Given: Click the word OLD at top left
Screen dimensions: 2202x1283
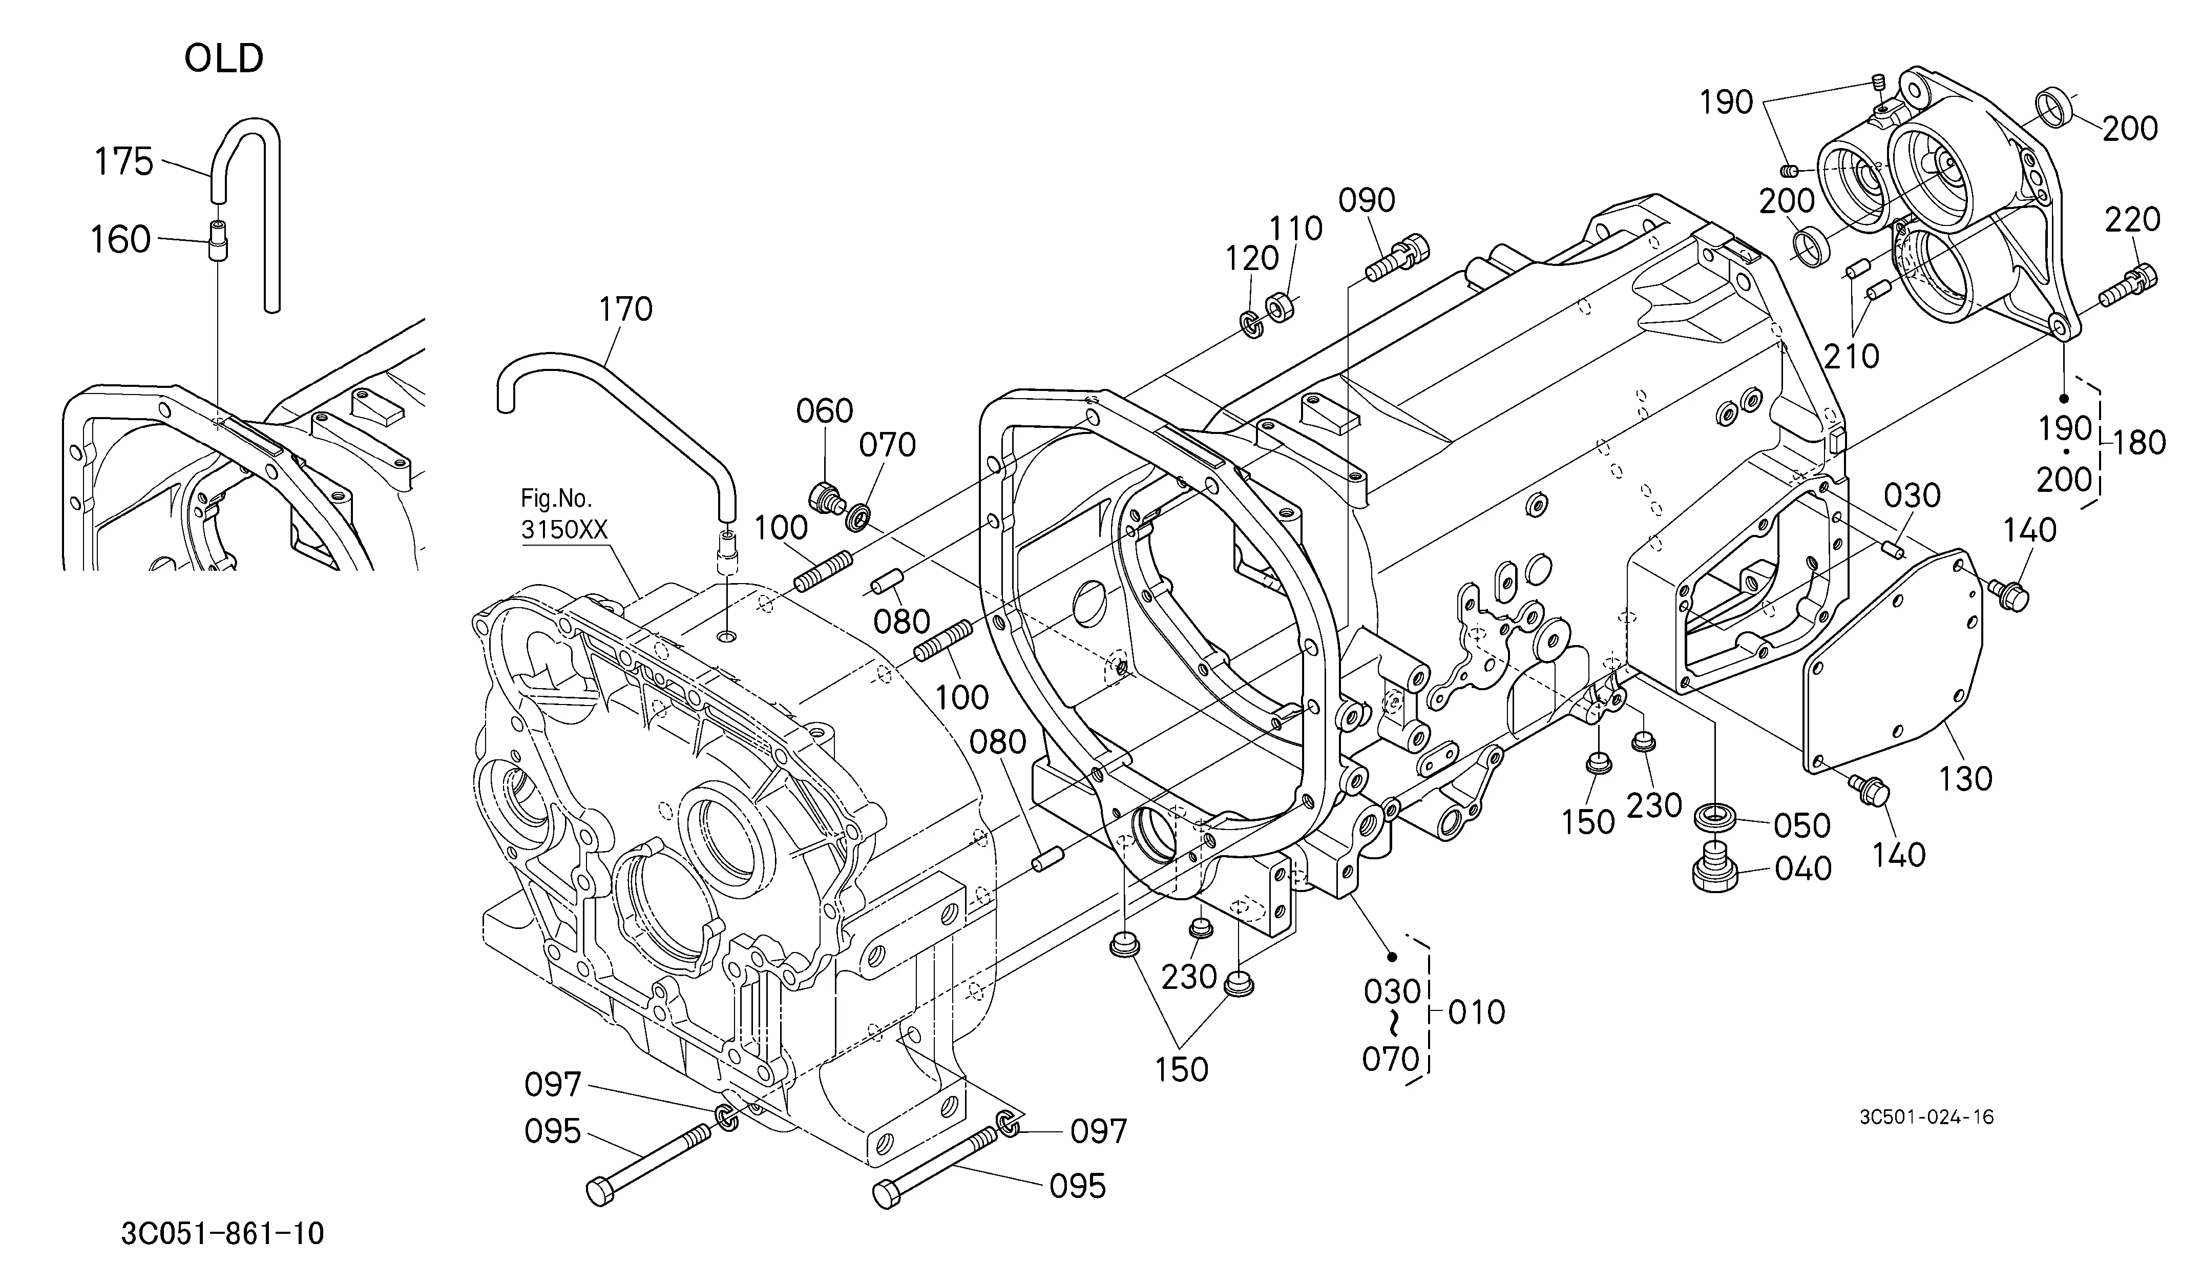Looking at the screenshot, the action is (224, 58).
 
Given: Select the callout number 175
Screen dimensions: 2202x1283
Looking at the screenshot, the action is (123, 162).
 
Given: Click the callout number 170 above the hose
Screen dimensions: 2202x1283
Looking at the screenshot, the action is (625, 308).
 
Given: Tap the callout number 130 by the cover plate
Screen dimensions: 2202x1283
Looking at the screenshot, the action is (1965, 778).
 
